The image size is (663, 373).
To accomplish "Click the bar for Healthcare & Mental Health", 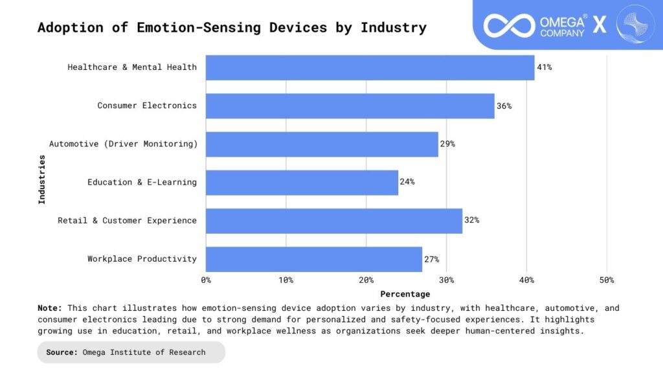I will point(370,67).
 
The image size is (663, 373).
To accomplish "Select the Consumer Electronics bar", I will point(350,106).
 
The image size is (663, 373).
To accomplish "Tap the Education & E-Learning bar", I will point(302,183).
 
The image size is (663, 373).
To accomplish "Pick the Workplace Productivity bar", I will point(314,259).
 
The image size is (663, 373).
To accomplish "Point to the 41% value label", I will point(544,67).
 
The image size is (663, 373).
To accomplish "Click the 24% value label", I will point(407,182).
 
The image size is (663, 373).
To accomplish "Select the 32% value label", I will point(471,220).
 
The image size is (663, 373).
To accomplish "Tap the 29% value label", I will point(447,144).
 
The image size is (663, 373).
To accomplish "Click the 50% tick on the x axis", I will point(606,280).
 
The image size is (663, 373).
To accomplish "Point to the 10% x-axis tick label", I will point(286,280).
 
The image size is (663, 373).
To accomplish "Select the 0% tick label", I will point(206,280).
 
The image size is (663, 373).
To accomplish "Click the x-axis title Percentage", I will point(405,294).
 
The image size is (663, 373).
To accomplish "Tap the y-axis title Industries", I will point(42,179).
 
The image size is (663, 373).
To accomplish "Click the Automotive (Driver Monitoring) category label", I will point(123,144).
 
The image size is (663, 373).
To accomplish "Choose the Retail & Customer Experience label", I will point(127,221).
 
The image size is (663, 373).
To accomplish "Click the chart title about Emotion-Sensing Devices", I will point(232,27).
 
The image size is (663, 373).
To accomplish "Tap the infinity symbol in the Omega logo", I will point(509,25).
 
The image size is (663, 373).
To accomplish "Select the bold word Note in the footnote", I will point(50,308).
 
